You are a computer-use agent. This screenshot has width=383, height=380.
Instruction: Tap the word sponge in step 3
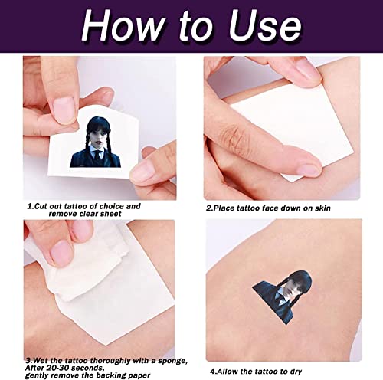tap(172, 361)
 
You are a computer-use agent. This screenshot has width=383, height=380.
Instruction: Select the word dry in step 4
tap(295, 372)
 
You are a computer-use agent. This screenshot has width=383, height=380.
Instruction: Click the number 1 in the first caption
tap(30, 206)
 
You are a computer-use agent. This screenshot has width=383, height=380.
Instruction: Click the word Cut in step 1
tap(41, 206)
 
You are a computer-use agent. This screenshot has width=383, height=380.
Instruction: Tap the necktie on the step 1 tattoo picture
tap(98, 155)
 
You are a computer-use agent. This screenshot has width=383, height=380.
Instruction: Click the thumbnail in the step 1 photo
tap(64, 110)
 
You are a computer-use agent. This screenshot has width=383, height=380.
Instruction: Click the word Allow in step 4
tap(228, 371)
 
